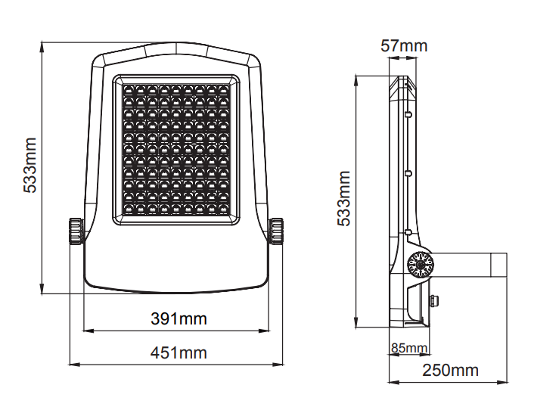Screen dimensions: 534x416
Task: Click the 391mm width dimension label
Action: [179, 319]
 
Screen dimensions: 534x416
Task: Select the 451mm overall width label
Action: [179, 352]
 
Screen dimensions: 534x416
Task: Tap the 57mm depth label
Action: [404, 45]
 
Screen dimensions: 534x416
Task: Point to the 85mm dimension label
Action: [409, 348]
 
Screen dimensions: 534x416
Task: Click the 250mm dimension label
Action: [451, 370]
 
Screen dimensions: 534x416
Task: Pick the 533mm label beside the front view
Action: [30, 166]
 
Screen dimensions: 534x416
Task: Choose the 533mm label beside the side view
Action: [344, 198]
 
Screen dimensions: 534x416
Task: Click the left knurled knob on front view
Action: [76, 231]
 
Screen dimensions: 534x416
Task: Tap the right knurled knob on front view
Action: [276, 231]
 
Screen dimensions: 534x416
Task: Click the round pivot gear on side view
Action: [421, 265]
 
